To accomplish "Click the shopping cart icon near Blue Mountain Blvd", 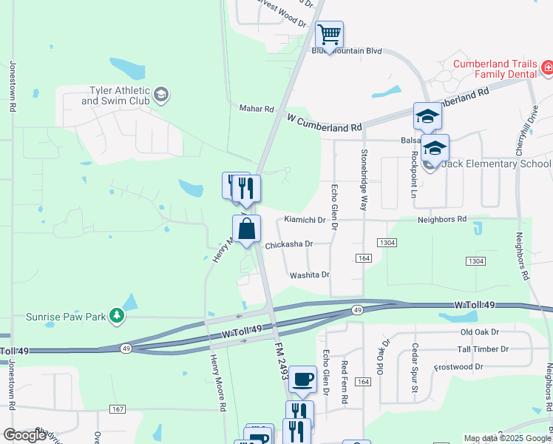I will coord(329,34).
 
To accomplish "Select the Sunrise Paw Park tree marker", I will coord(116,317).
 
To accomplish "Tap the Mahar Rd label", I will coord(257,109).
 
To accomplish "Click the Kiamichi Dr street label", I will coord(305,221).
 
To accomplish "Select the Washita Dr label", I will coord(309,275).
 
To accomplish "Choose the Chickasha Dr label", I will coord(289,243).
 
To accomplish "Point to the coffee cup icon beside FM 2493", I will coord(302,380).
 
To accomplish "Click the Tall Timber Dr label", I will coord(483,349).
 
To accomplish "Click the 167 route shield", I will coord(117,409).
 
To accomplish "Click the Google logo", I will coord(25,435).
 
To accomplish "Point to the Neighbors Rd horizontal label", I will coord(441,220).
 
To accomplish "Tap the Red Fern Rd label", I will coord(345,382).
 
